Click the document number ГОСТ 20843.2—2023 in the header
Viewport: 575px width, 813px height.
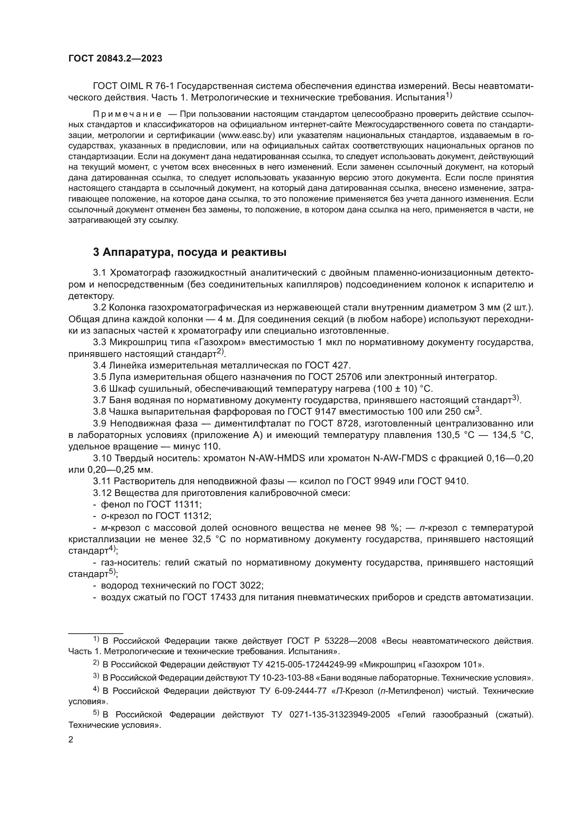[115, 59]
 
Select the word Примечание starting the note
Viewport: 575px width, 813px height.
[128, 114]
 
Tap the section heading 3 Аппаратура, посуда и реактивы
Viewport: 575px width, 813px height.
[189, 252]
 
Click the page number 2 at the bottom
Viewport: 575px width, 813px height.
[71, 740]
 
